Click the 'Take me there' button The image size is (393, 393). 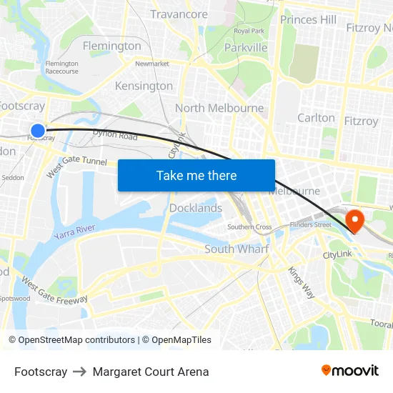click(196, 175)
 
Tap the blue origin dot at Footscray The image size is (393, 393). click(38, 130)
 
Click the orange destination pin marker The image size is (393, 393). click(354, 219)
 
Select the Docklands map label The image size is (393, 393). click(196, 208)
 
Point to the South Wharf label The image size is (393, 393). click(237, 249)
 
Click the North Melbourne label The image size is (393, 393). click(219, 108)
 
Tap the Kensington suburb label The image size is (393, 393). click(144, 86)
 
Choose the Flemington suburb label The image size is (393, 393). click(112, 46)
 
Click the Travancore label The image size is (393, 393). click(179, 14)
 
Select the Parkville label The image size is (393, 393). click(245, 48)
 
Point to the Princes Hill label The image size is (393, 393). click(308, 19)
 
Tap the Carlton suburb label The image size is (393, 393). click(316, 118)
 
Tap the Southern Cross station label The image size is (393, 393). click(249, 227)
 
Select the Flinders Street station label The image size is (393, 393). click(310, 224)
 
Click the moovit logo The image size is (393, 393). click(350, 370)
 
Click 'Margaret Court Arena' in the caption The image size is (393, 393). click(151, 372)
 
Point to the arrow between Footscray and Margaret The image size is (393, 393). click(79, 372)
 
